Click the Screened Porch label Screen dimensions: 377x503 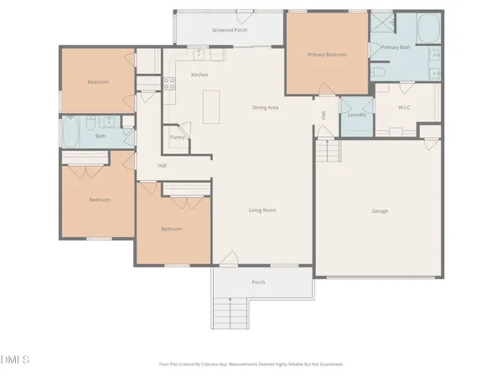click(229, 30)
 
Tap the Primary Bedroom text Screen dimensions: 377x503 click(327, 54)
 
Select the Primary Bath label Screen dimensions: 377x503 click(395, 48)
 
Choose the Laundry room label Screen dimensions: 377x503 click(356, 114)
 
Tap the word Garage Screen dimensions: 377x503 click(380, 210)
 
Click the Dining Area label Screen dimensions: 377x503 click(265, 107)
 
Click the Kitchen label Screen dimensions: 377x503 click(200, 75)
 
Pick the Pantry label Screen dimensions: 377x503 click(177, 137)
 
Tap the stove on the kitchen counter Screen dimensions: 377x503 click(168, 83)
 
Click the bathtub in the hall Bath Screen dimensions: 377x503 click(70, 129)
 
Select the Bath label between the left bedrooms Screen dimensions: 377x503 click(101, 136)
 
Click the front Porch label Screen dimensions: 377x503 click(258, 282)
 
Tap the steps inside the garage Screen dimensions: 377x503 click(329, 152)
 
